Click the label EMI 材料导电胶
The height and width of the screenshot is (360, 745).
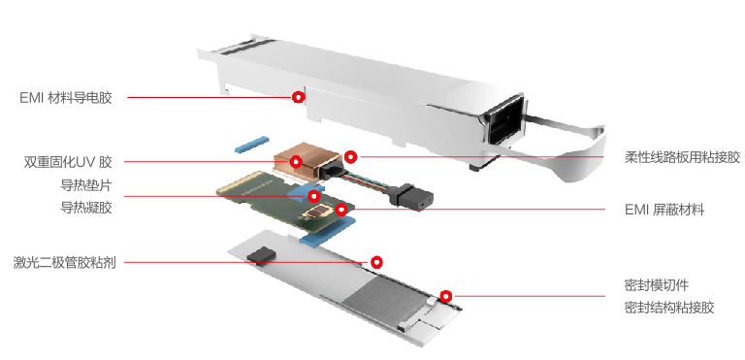(x=66, y=98)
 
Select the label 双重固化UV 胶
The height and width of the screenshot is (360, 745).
(x=69, y=162)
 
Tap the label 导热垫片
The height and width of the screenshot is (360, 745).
(x=86, y=184)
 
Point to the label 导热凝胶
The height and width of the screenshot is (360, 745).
(x=86, y=208)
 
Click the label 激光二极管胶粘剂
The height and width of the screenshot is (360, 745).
(x=65, y=263)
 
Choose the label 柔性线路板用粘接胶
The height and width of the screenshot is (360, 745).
(x=682, y=157)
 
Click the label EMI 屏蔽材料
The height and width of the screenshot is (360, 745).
(x=664, y=210)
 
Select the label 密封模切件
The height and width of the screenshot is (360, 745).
(x=656, y=285)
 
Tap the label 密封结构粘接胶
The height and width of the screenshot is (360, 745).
(x=669, y=308)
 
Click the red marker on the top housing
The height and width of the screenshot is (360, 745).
(x=298, y=97)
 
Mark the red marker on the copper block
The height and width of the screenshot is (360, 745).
(x=296, y=162)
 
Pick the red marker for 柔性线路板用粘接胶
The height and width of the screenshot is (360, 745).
(x=350, y=156)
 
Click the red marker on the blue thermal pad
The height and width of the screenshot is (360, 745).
(x=313, y=196)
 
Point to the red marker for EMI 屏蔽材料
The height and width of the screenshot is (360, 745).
(x=341, y=209)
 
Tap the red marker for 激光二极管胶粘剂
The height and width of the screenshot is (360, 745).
(x=376, y=262)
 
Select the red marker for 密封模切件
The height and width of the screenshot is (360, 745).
(x=445, y=296)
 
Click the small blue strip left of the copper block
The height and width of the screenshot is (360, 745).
(x=252, y=145)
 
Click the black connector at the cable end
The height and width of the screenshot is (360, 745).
(x=412, y=196)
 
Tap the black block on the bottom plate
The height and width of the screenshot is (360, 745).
(x=261, y=255)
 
